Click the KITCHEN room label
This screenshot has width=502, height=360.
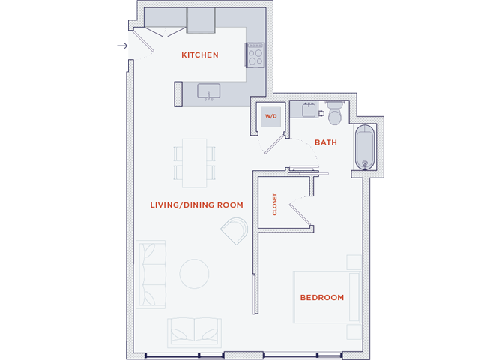tap(200, 55)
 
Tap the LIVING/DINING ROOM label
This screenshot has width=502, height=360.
tap(197, 205)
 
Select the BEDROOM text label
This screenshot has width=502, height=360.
tap(322, 298)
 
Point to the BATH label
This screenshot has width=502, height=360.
tap(326, 142)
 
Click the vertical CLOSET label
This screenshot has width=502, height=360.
tap(275, 204)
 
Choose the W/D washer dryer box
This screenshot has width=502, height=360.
tap(270, 117)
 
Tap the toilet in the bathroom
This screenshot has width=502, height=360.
tap(334, 112)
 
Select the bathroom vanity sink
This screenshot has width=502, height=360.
tap(307, 109)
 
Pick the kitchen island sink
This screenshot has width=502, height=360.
tap(209, 92)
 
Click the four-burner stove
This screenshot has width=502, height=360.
tap(255, 55)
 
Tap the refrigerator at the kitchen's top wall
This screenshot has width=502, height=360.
tap(201, 22)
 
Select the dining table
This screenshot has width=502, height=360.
tap(195, 161)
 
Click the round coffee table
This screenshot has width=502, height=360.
tap(194, 273)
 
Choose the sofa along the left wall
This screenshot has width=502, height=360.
tap(150, 274)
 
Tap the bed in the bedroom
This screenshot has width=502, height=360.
tap(327, 296)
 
